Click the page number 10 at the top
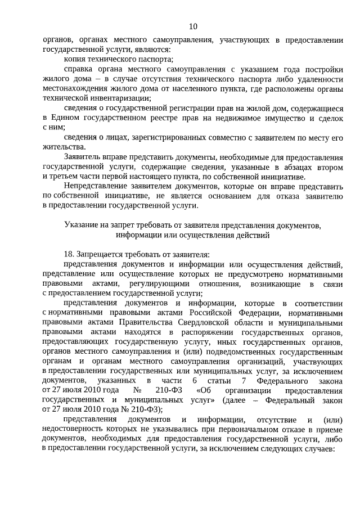pos(193,26)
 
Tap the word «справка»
pos(79,69)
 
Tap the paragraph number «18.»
pos(70,254)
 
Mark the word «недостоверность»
pos(74,429)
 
